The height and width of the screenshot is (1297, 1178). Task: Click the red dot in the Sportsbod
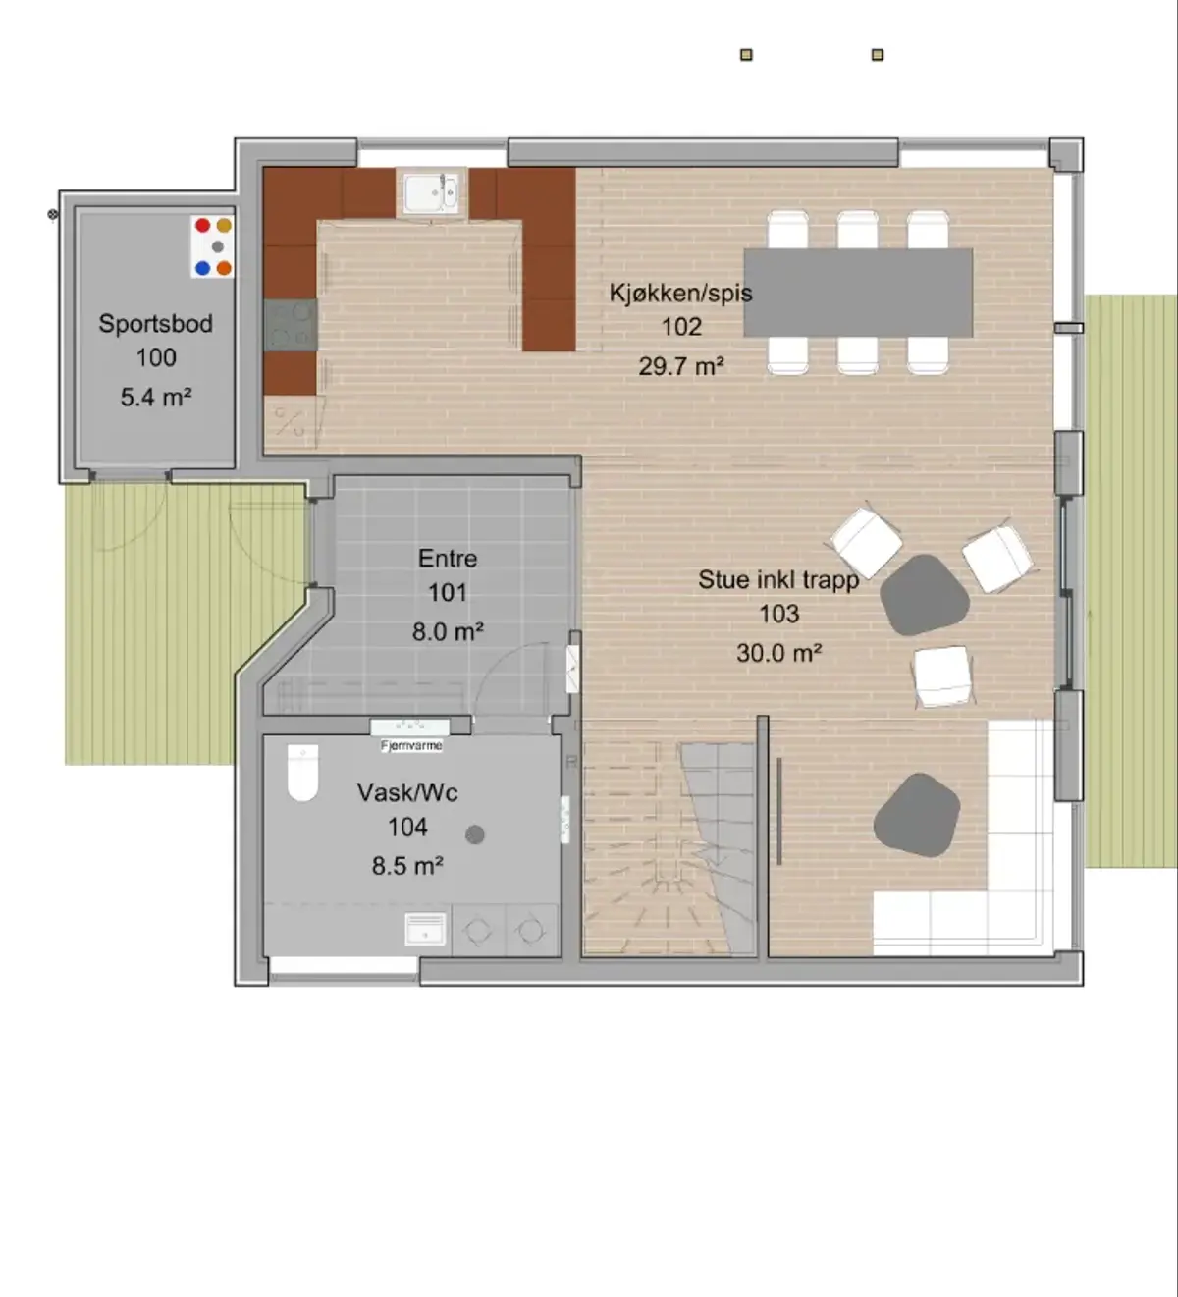202,225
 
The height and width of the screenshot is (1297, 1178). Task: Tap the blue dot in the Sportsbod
202,268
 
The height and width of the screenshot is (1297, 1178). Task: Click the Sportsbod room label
156,324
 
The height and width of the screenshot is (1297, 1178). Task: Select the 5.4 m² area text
156,397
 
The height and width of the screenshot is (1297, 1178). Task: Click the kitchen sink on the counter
431,192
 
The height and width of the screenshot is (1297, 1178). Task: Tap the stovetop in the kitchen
291,325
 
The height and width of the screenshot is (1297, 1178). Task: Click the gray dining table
858,293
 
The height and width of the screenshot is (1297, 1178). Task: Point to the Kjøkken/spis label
681,293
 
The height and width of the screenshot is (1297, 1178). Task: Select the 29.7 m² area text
681,366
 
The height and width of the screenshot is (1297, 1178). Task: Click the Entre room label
448,558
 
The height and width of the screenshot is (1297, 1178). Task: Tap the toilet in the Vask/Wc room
302,774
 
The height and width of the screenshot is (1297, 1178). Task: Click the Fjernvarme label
411,745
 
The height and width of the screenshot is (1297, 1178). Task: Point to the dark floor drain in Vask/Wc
475,835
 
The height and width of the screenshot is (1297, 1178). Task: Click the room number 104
407,827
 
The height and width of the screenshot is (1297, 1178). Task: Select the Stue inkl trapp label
778,580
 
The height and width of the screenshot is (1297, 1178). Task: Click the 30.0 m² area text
778,653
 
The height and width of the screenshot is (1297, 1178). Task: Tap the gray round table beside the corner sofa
917,815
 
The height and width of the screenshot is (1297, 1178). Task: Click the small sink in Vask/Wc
425,929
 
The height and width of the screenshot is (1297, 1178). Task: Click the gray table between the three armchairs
925,595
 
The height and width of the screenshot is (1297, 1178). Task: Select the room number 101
448,592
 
